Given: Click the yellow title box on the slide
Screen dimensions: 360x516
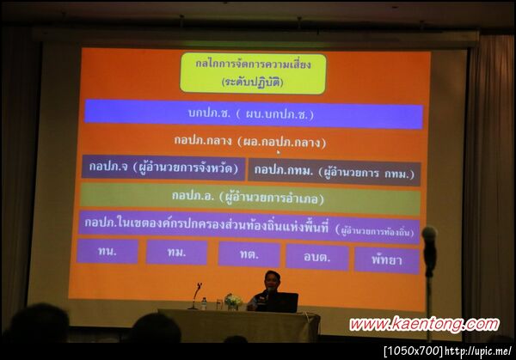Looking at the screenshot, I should (253, 74).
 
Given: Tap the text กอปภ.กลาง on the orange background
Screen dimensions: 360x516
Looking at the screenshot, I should (249, 141).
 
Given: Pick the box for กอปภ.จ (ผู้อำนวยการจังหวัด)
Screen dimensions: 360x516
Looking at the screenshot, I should (163, 168).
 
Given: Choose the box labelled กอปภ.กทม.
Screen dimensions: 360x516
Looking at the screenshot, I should (335, 172).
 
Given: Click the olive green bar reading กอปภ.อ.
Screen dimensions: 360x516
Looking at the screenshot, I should (249, 198).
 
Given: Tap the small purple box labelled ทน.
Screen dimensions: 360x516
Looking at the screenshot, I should (107, 252).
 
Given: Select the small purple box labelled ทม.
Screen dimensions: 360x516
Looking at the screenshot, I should (176, 253).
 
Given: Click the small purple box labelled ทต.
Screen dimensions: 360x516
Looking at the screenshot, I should (249, 254).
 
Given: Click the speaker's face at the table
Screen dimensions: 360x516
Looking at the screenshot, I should (272, 281).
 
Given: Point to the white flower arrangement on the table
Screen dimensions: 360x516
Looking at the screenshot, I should (232, 301).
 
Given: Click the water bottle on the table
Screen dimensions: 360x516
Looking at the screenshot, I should (204, 303).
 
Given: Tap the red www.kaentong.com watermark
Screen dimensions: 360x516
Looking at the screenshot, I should (423, 325).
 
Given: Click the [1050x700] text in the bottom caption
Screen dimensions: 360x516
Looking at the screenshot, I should (413, 351).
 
